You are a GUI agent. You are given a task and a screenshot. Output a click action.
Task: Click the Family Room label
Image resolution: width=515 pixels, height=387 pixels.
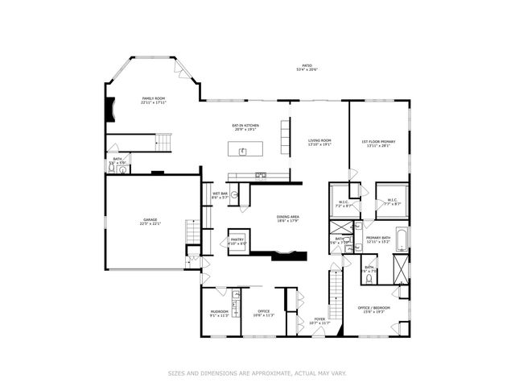point(153,98)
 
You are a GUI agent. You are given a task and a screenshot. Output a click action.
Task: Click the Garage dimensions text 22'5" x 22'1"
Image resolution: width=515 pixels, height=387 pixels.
point(150,223)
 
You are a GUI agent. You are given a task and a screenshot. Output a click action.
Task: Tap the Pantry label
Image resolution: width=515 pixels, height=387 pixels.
point(237,239)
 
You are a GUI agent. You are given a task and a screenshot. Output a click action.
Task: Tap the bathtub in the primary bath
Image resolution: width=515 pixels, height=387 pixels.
point(402,239)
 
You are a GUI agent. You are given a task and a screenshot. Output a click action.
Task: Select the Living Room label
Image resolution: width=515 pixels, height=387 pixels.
point(319,141)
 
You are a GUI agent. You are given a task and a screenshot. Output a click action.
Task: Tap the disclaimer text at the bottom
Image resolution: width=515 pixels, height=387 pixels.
point(257,372)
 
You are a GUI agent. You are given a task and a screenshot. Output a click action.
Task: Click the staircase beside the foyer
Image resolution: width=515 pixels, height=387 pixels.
point(332,294)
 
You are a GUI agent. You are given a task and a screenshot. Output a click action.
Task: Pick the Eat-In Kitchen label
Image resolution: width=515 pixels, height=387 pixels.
point(245,126)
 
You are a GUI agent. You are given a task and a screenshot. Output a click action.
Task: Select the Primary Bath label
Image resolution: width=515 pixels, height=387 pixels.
point(378,238)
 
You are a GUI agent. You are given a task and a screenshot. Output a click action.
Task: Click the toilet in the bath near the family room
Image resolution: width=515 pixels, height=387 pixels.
point(122,169)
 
